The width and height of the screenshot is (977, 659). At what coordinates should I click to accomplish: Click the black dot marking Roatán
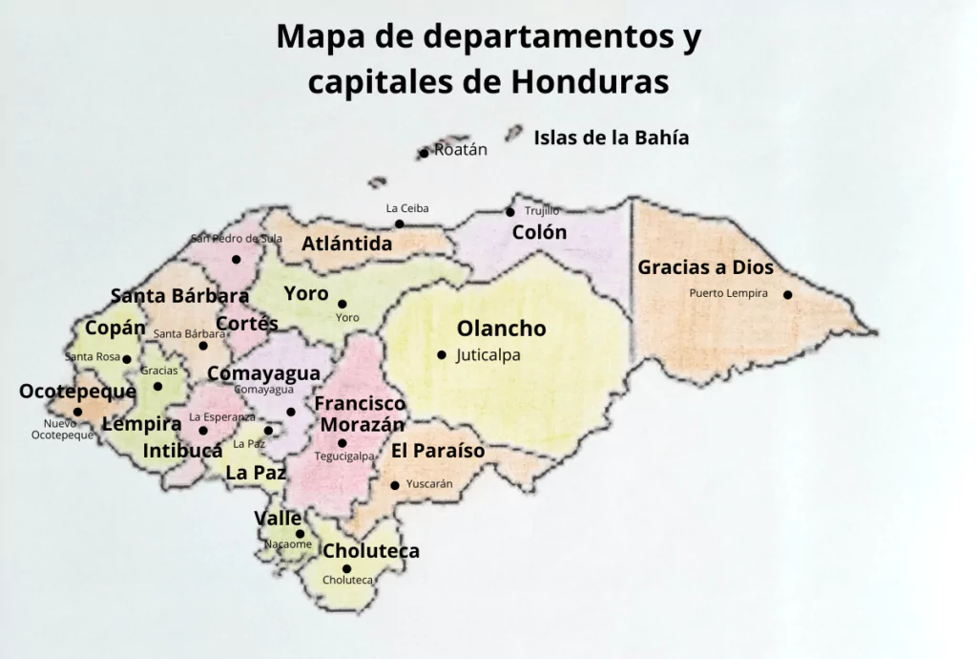point(424,153)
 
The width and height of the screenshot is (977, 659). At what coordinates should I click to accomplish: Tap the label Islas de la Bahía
point(611,138)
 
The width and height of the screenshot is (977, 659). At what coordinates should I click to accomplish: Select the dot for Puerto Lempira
point(788,294)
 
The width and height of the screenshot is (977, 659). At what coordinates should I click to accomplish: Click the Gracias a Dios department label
point(705,267)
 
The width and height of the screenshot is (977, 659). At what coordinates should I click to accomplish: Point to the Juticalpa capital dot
point(442,355)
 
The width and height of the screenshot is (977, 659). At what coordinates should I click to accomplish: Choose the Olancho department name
point(501,329)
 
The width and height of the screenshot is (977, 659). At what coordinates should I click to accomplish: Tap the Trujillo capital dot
point(510,212)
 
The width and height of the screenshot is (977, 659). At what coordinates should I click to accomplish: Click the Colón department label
point(539,232)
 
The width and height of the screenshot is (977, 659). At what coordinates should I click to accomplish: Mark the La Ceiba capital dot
point(400,223)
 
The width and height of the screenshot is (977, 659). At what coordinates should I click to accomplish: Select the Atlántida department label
point(347,244)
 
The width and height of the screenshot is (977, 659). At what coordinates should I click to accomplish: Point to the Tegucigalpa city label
point(344,457)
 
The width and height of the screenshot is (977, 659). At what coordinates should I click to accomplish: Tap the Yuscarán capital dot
point(395,485)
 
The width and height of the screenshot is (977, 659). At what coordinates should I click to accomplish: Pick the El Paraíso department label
point(438,451)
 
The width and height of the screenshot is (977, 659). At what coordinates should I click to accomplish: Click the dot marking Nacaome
point(300,534)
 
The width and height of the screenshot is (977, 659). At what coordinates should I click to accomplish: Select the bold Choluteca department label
point(371,551)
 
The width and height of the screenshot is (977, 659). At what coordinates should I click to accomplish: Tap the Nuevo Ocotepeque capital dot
point(78,413)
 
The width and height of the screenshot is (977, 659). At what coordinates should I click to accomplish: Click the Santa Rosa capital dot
point(127,359)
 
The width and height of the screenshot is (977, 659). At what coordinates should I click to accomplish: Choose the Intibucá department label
point(182,450)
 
